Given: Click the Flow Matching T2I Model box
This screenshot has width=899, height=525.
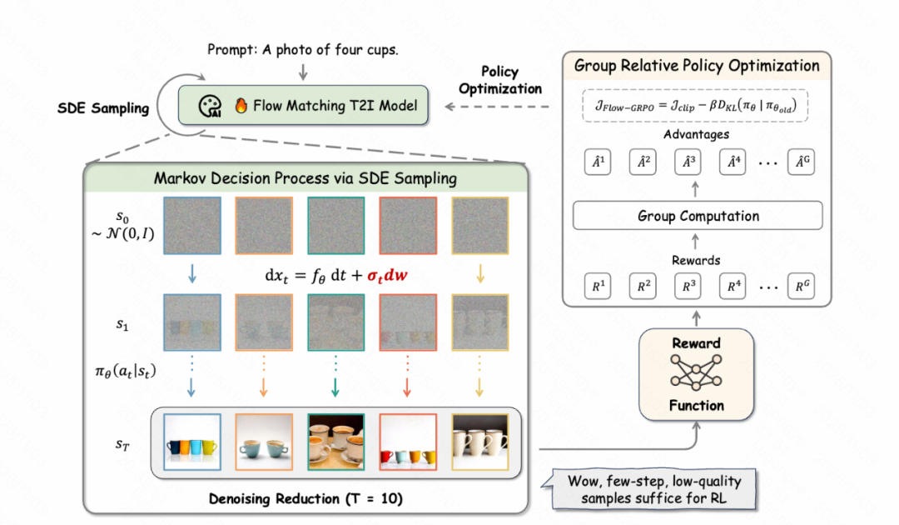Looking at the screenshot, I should coord(303,106).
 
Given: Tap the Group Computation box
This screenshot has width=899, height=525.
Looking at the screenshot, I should coord(698,216).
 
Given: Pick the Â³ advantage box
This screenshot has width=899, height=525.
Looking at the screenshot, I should coord(687,162).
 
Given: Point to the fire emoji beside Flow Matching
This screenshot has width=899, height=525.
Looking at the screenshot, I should coord(241,106).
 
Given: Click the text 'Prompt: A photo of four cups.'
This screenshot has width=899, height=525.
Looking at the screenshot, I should coord(303,50).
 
